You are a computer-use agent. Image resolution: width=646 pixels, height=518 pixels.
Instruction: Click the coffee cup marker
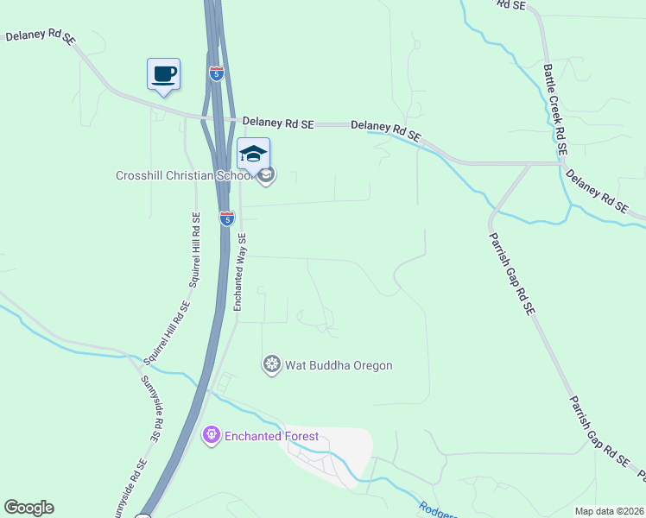[164, 73]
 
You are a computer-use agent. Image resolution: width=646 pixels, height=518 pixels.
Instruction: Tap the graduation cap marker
[253, 155]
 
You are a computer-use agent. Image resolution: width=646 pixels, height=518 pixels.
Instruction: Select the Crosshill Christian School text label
[184, 176]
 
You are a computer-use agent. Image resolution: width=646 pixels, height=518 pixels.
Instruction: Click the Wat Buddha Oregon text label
[339, 365]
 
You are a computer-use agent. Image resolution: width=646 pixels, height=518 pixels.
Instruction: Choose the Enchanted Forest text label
[272, 436]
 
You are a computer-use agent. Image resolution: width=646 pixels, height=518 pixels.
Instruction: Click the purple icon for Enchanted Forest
[212, 436]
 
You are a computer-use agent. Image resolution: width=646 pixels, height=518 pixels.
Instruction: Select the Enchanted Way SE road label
[241, 272]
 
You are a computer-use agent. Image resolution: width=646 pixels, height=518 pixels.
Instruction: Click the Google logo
[28, 508]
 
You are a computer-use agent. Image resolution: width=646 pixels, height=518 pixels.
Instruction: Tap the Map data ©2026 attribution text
[609, 511]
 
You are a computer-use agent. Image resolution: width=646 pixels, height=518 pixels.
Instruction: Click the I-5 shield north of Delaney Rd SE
[216, 73]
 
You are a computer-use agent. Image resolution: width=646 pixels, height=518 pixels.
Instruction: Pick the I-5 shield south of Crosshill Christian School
[226, 218]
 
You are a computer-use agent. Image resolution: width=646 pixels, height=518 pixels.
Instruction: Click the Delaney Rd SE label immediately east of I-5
[277, 124]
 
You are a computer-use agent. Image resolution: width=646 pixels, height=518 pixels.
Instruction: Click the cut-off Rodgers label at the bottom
[436, 510]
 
